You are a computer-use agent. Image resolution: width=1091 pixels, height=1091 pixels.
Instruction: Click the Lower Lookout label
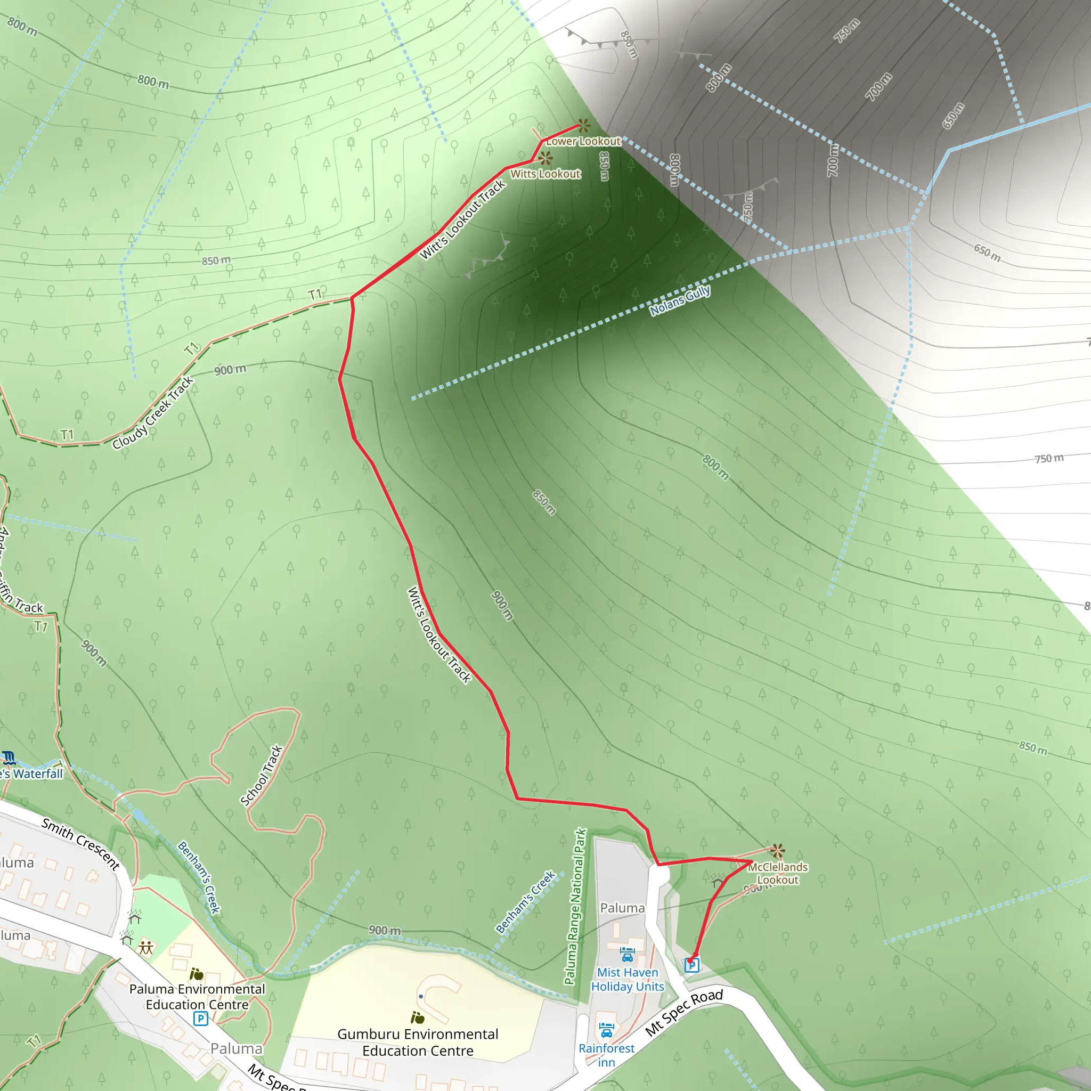pyautogui.click(x=583, y=141)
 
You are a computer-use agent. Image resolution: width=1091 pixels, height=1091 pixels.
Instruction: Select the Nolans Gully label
pyautogui.click(x=680, y=301)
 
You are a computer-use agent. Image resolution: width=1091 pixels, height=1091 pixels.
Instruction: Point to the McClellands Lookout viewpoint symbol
pyautogui.click(x=778, y=850)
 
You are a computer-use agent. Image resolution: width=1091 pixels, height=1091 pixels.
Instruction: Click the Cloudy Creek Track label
pyautogui.click(x=152, y=413)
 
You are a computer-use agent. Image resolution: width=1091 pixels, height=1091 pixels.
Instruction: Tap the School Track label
pyautogui.click(x=261, y=776)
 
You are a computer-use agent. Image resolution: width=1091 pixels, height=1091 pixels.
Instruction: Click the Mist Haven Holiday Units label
pyautogui.click(x=628, y=979)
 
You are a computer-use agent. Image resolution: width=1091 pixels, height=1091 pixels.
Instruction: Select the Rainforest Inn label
pyautogui.click(x=606, y=1055)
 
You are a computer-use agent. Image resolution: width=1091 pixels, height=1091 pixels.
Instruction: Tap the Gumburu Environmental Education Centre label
pyautogui.click(x=418, y=1042)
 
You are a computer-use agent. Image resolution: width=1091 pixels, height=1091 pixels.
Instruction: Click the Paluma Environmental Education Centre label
pyautogui.click(x=197, y=997)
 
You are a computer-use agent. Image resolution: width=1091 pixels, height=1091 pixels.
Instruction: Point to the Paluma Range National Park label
pyautogui.click(x=575, y=906)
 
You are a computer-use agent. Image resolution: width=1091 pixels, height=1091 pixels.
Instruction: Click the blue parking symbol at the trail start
pyautogui.click(x=692, y=965)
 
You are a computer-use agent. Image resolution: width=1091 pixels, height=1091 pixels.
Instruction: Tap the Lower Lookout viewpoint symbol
pyautogui.click(x=583, y=125)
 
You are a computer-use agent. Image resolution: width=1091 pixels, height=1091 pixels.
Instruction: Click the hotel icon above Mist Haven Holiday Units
pyautogui.click(x=628, y=954)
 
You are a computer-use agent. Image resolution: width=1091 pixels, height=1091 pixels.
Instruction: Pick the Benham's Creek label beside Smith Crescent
pyautogui.click(x=199, y=876)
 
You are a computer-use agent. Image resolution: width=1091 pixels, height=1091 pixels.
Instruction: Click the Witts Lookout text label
pyautogui.click(x=545, y=174)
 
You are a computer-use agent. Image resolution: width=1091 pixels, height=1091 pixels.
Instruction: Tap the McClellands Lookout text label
pyautogui.click(x=778, y=873)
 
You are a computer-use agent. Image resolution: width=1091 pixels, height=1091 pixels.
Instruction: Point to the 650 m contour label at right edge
pyautogui.click(x=987, y=253)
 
